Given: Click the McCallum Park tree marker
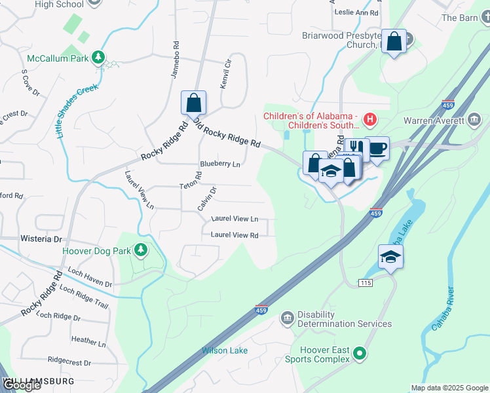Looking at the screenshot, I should click(x=98, y=58).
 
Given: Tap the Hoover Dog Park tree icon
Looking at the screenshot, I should click(x=140, y=250).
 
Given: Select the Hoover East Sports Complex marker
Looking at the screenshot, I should click(x=359, y=354).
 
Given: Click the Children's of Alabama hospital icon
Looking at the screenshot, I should click(x=370, y=119).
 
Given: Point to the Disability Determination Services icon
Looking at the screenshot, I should click(x=287, y=318).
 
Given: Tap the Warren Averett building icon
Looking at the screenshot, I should click(x=474, y=120).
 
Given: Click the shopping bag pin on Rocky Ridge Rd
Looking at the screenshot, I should click(x=193, y=103).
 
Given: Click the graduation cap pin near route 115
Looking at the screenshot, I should click(x=390, y=257).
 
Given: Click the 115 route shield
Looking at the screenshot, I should click(x=366, y=282).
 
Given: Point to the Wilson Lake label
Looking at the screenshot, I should click(x=225, y=350).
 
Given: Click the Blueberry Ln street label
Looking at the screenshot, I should click(x=220, y=164).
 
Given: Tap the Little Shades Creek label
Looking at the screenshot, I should click(x=77, y=110).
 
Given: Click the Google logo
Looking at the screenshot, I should click(x=22, y=386).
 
